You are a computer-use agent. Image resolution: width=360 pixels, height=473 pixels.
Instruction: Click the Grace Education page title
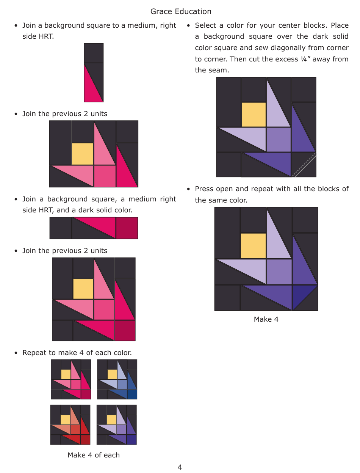click(x=181, y=11)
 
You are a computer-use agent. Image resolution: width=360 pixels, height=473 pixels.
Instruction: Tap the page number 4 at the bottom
click(x=180, y=467)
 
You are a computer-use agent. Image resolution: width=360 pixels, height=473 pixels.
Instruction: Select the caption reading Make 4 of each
click(x=94, y=455)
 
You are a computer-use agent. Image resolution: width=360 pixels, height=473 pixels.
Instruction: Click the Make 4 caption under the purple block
click(x=266, y=319)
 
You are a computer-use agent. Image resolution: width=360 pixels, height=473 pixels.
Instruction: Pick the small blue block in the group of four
click(x=117, y=379)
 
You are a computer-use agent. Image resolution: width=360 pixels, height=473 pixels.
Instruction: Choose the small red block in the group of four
click(x=70, y=424)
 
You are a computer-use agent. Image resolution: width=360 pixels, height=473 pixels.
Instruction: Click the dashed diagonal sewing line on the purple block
click(x=304, y=165)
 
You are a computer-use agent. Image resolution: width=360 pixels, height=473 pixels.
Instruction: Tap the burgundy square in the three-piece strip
click(x=127, y=228)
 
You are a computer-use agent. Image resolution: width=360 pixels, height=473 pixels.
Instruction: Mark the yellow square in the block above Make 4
click(x=253, y=246)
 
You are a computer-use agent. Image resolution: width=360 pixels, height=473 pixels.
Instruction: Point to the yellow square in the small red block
click(x=65, y=419)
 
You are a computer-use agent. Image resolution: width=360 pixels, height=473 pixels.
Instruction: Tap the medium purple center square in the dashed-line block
click(x=279, y=140)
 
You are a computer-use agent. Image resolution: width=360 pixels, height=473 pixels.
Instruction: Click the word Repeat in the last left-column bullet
click(x=34, y=352)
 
